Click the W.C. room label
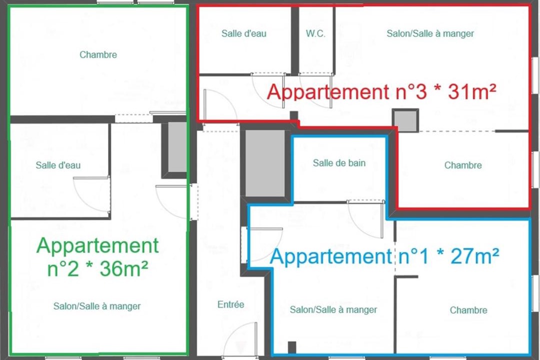[x=315, y=33]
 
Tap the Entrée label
[x=230, y=304]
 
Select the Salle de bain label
[x=339, y=163]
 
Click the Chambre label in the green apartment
[x=98, y=54]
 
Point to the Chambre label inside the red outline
[x=463, y=165]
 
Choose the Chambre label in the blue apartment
[x=468, y=310]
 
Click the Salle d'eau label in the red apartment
[x=244, y=33]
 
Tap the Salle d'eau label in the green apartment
[x=58, y=165]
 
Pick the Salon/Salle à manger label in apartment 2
[x=97, y=306]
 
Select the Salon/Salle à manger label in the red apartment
[x=430, y=33]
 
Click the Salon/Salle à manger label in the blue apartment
[x=333, y=309]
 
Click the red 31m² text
[x=472, y=91]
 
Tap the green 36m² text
[x=124, y=268]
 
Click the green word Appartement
[x=97, y=246]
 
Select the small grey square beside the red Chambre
[x=406, y=120]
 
